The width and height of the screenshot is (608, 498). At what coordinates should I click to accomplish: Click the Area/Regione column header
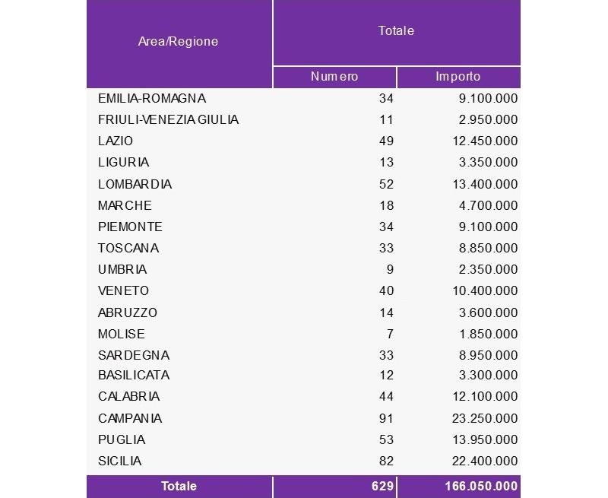tap(178, 42)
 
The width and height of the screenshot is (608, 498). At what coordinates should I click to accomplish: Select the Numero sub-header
tap(334, 77)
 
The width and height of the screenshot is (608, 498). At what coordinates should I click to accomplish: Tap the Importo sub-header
tap(458, 77)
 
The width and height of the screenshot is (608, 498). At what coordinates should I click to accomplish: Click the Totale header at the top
tap(396, 31)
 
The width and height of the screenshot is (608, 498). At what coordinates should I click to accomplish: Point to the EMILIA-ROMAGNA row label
tap(152, 98)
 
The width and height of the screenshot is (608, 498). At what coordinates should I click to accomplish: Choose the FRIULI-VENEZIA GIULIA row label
tap(168, 119)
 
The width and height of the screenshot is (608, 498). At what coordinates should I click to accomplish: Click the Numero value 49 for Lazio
tap(385, 141)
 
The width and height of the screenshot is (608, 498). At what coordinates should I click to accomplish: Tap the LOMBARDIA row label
tap(135, 184)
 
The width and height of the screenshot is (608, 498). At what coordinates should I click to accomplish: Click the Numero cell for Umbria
tap(389, 269)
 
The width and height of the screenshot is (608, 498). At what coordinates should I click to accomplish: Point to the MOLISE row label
tap(122, 334)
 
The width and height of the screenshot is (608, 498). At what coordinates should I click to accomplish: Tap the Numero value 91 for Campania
tap(385, 418)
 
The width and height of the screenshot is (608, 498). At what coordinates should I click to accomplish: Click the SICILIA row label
tap(120, 461)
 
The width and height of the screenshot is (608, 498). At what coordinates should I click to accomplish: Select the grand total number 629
tap(382, 486)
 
